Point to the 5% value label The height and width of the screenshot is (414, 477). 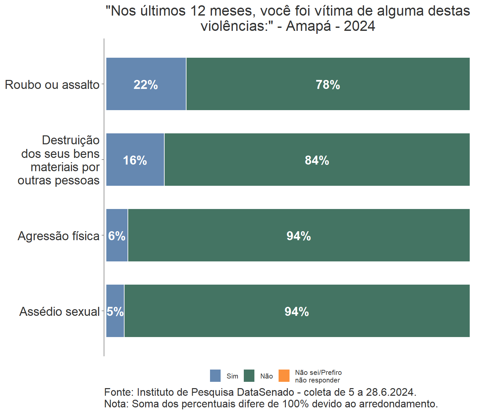[x=115, y=311]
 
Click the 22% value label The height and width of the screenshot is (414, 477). [x=146, y=85]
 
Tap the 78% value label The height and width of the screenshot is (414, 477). [x=328, y=85]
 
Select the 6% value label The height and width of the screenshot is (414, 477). [x=117, y=236]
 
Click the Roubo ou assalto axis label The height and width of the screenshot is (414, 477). [x=52, y=85]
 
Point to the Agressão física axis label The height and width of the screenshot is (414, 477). [x=59, y=236]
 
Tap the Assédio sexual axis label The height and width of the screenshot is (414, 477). [x=60, y=311]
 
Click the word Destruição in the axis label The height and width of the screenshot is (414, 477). [x=71, y=140]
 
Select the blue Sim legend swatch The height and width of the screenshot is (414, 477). [x=215, y=376]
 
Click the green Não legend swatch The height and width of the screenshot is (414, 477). [x=249, y=376]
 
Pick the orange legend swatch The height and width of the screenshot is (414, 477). [x=284, y=376]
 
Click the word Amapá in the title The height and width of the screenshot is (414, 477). [x=308, y=26]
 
